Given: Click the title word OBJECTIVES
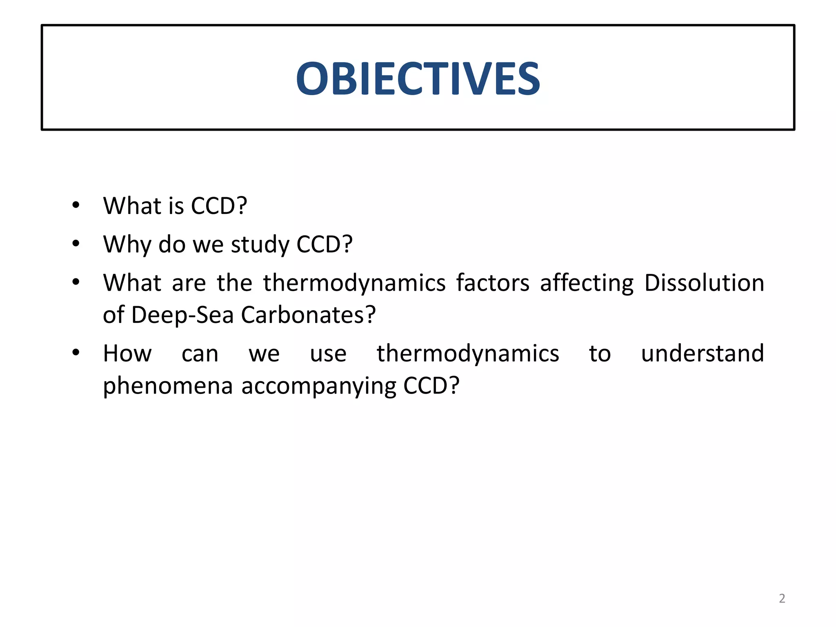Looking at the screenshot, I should pos(418,78).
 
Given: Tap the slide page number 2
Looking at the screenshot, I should pos(782,598).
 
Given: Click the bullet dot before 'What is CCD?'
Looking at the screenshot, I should pos(76,205).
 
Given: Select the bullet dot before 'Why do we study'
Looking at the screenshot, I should pos(76,244).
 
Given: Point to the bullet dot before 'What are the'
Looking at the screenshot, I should pos(76,282).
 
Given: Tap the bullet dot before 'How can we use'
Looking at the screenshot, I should pos(76,353).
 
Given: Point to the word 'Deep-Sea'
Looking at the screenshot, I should pos(182,315).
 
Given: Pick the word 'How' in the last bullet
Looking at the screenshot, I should pos(127,353).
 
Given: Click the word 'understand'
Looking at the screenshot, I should pos(702,353).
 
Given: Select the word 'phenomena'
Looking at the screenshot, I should pos(167,386).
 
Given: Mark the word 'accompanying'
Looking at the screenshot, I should pos(318,386).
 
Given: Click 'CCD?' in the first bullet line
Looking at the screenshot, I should pos(219,205).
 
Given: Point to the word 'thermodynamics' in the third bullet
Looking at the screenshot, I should pos(354,283).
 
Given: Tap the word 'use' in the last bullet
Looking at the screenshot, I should pos(328,354).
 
